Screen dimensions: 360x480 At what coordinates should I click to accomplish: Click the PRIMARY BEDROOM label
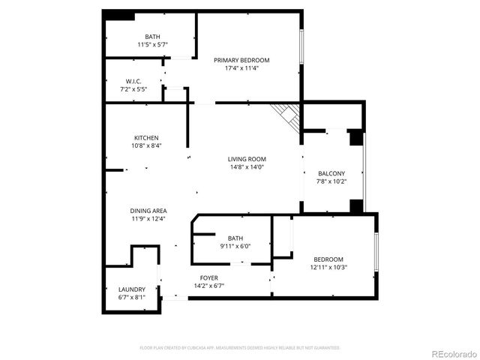click(241, 60)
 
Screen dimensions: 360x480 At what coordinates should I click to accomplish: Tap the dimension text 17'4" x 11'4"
click(241, 68)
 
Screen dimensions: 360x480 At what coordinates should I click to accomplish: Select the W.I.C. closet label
click(133, 81)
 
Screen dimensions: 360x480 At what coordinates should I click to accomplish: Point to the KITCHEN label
click(146, 138)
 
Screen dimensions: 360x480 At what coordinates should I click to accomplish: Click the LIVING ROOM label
click(247, 159)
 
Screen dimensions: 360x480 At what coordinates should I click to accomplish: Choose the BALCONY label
click(331, 172)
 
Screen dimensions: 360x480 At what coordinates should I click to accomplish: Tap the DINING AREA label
click(148, 211)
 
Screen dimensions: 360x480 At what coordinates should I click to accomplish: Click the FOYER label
click(208, 277)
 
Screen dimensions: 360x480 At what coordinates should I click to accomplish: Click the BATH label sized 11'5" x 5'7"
click(152, 37)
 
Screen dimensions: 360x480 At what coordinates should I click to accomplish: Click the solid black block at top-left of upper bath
click(119, 16)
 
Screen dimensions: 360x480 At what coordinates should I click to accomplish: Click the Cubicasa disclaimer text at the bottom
click(240, 348)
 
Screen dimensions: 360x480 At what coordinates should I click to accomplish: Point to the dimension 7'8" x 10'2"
click(331, 181)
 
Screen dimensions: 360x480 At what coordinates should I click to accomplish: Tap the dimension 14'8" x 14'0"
click(247, 167)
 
